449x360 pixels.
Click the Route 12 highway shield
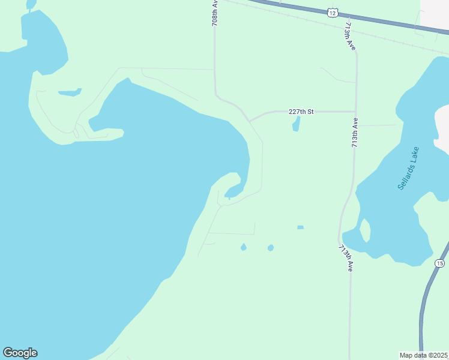(334, 12)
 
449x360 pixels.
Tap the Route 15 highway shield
(440, 263)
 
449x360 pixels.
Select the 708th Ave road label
(214, 12)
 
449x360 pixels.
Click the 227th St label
(301, 112)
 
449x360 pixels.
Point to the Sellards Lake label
(409, 169)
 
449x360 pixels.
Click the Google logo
(20, 353)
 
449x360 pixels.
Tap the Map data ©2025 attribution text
(423, 355)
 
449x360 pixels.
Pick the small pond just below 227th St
(296, 124)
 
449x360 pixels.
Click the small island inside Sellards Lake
(364, 230)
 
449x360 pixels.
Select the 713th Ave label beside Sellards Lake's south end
(345, 258)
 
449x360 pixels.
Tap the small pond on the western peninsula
(70, 92)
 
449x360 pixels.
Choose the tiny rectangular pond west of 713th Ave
(300, 227)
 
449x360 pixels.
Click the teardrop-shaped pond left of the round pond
(243, 247)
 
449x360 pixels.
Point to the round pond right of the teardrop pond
(271, 247)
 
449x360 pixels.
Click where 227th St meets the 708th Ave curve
(250, 120)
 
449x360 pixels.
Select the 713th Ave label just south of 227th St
(355, 133)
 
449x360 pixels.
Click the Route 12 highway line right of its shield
(390, 23)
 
